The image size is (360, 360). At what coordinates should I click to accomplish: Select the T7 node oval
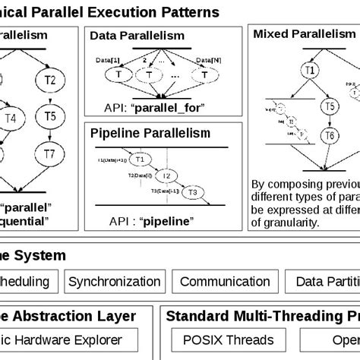tap(49, 155)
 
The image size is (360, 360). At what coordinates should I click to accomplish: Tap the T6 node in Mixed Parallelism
tap(329, 136)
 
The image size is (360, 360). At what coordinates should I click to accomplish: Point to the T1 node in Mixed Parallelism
tap(308, 71)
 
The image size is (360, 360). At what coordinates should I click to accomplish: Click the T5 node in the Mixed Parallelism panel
tap(329, 107)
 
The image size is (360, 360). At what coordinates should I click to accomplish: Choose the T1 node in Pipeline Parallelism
tap(139, 160)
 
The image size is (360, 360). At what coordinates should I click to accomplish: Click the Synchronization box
tap(113, 281)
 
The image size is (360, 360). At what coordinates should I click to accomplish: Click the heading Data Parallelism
tap(137, 36)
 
